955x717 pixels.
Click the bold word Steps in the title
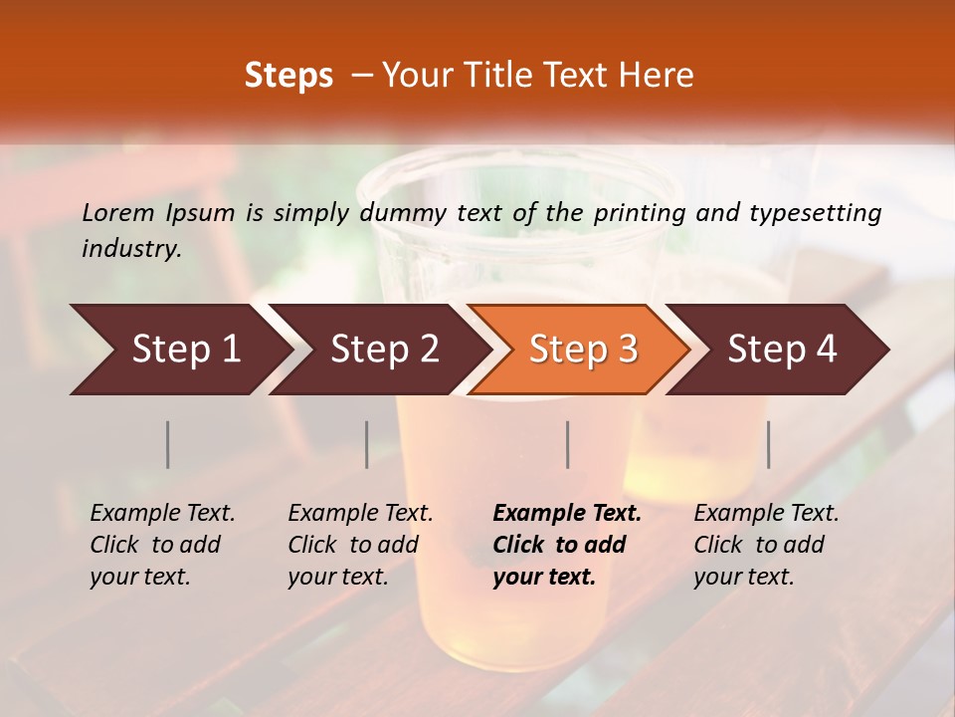(x=288, y=76)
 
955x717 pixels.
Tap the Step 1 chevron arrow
(x=179, y=350)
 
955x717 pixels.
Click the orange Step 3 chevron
(x=582, y=350)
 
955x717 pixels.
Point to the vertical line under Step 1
(x=168, y=445)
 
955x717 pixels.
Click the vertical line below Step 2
(x=367, y=445)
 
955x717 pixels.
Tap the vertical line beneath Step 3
(x=568, y=445)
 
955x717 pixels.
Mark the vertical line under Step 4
(x=768, y=445)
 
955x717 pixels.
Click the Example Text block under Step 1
(x=162, y=545)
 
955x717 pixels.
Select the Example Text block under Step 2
(x=360, y=545)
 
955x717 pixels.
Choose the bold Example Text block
(x=566, y=545)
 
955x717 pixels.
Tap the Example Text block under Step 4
(x=766, y=545)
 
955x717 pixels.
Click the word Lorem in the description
(x=118, y=213)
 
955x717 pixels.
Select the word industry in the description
(x=130, y=249)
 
